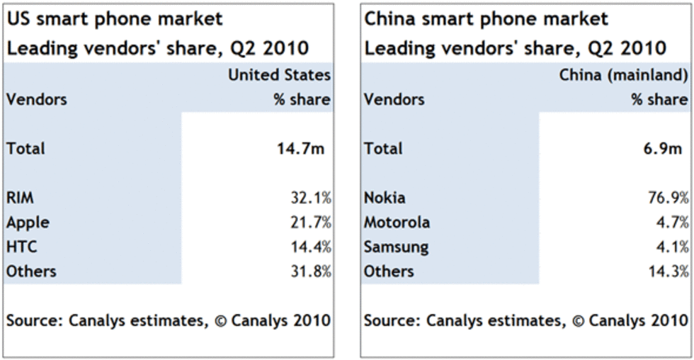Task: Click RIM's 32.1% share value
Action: tap(307, 198)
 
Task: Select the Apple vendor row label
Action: tap(28, 223)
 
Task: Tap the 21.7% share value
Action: tap(307, 223)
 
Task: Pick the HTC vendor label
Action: tap(21, 247)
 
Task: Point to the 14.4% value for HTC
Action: tap(307, 247)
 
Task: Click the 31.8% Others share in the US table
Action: tap(307, 271)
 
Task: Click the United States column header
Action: tap(279, 75)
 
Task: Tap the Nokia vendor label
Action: tap(385, 198)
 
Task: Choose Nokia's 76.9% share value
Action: tap(665, 198)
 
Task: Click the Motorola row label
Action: tap(397, 223)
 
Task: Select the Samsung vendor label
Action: tap(396, 247)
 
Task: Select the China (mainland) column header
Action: tap(623, 75)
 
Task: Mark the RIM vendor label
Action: tap(20, 198)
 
